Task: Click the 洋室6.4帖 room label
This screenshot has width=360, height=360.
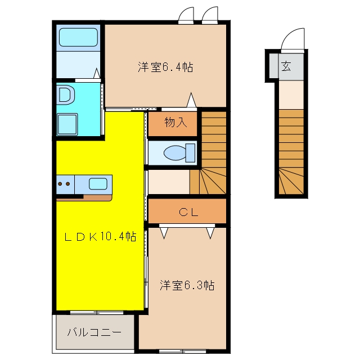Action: tap(165, 67)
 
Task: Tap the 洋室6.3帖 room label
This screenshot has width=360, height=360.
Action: tap(187, 285)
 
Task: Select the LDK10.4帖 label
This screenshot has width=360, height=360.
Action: tap(100, 236)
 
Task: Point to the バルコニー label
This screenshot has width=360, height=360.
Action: tap(94, 332)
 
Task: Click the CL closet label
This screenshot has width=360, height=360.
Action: tap(188, 212)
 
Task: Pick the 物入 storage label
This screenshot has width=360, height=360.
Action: tap(175, 122)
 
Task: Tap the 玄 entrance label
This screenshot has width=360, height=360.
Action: tap(286, 66)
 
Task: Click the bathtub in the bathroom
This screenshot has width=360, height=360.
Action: tap(78, 38)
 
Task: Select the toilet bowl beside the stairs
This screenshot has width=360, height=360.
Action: tap(179, 153)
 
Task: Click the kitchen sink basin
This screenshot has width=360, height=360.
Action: tap(98, 184)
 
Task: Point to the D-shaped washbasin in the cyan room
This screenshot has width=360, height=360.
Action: tap(66, 94)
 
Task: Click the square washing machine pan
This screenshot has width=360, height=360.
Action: tap(67, 124)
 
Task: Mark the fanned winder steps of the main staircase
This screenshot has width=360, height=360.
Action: tap(208, 181)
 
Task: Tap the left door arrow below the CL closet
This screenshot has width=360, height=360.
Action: tap(164, 233)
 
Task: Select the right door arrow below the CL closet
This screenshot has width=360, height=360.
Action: tap(210, 233)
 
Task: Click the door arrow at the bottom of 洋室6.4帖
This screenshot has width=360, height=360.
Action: tap(191, 100)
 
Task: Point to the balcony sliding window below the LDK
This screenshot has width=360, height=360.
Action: tap(97, 313)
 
